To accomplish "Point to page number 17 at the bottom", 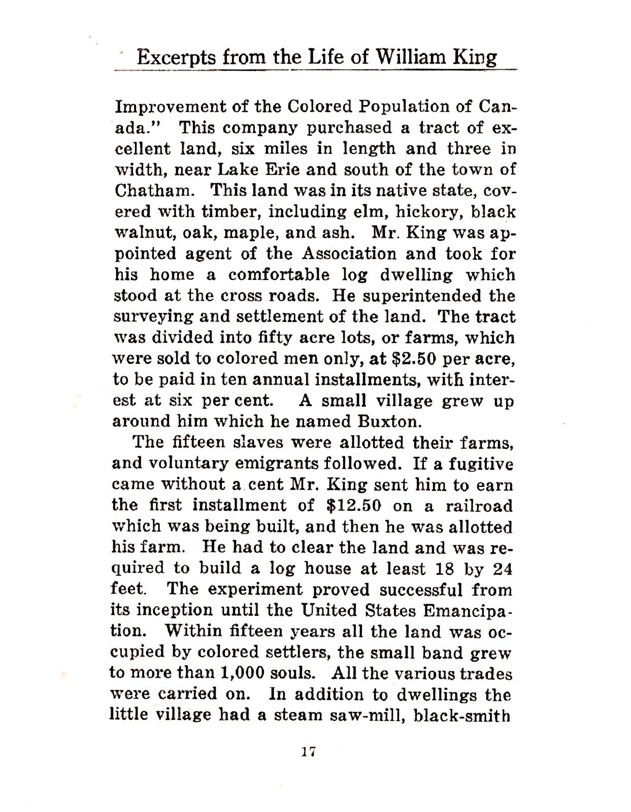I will [308, 752].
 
